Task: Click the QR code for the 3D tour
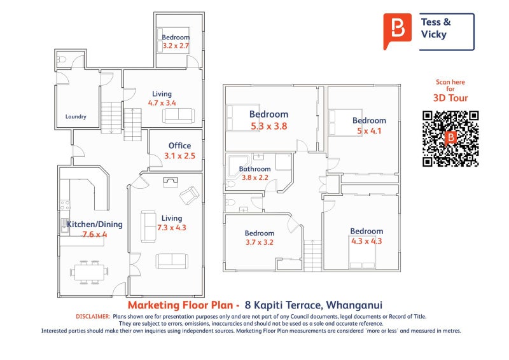click(x=450, y=139)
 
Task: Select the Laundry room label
click(x=76, y=117)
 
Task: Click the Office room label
click(x=180, y=146)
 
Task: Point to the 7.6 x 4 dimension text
click(x=95, y=234)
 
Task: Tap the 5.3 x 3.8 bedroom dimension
click(x=269, y=127)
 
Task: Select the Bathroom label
click(x=255, y=169)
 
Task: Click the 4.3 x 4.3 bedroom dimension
click(x=366, y=241)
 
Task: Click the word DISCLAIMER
click(x=93, y=316)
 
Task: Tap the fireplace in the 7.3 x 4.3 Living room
click(x=171, y=183)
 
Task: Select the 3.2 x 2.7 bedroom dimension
click(x=176, y=46)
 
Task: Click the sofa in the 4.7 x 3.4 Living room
click(x=178, y=115)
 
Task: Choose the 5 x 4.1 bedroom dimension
click(x=369, y=131)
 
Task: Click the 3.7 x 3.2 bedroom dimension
click(x=260, y=242)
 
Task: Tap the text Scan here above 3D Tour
click(x=450, y=82)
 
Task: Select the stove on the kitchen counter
click(x=64, y=205)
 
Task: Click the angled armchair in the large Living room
click(x=188, y=197)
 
